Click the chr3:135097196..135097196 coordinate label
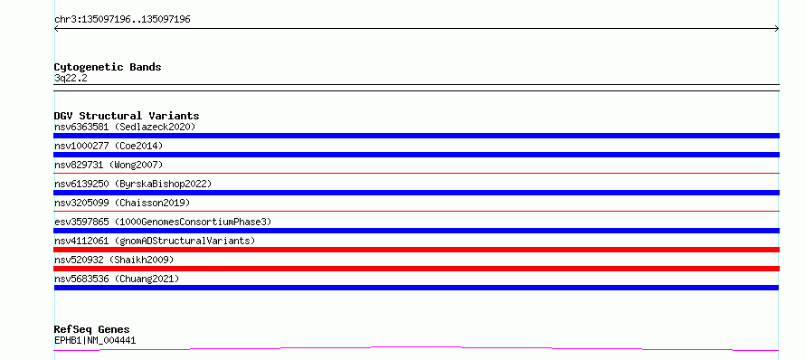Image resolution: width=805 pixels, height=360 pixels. [x=122, y=20]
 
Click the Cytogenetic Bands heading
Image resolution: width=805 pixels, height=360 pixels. [x=108, y=67]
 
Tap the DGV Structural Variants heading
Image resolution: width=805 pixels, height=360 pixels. [x=127, y=116]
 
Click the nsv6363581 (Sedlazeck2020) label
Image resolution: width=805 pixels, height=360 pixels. [x=125, y=127]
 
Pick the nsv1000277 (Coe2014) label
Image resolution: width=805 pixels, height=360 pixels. [x=109, y=146]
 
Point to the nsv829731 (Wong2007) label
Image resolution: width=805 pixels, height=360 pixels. [x=109, y=165]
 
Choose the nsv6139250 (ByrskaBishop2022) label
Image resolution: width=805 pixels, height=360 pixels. [x=133, y=184]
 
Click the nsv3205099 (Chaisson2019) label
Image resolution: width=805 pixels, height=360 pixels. [x=122, y=203]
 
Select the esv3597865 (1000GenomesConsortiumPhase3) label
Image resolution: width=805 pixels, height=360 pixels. [x=163, y=222]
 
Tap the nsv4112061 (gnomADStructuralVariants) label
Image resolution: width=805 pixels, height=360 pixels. [x=155, y=241]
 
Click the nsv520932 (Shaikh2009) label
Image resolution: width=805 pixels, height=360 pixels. [x=114, y=260]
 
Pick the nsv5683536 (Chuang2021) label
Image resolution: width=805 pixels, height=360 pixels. [x=117, y=279]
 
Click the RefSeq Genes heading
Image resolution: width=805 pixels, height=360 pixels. [x=92, y=329]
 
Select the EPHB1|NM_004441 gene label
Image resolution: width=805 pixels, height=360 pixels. [x=95, y=340]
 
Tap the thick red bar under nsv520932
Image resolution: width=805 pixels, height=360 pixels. [x=416, y=269]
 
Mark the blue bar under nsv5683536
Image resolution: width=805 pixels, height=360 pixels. [x=416, y=288]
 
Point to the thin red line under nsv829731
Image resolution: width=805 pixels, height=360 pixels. [x=416, y=174]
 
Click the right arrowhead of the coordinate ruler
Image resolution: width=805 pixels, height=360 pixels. [x=777, y=29]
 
